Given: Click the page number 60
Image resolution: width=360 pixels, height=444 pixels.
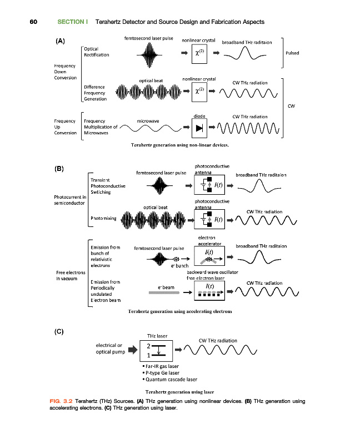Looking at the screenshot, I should coord(33,22).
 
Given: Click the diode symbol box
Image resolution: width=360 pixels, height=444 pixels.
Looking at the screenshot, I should coord(199,128).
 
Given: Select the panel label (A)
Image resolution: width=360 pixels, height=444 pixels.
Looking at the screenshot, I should coord(61,41).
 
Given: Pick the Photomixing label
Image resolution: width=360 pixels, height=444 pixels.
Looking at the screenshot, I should coord(103,219).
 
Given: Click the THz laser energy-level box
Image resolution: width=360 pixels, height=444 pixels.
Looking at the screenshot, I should coord(158,350).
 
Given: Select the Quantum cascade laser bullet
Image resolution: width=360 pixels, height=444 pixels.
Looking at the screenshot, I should coord(169,380).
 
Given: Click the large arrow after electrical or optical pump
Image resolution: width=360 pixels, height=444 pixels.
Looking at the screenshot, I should coord(132,350).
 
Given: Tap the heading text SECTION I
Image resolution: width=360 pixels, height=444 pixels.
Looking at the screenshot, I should coord(73,22).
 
